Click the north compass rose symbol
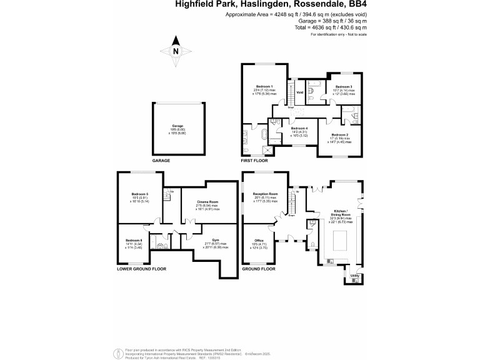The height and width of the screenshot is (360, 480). tap(176, 52)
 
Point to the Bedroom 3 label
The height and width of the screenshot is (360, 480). tap(343, 87)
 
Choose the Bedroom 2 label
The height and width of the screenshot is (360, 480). tap(339, 135)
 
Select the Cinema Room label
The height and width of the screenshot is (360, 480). tap(207, 202)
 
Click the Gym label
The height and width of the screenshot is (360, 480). tap(216, 240)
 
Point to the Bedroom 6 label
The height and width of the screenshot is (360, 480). tap(134, 241)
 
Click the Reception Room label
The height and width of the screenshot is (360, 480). tap(265, 194)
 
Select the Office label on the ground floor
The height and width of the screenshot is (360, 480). tap(259, 241)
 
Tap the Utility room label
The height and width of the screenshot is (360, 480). tap(354, 275)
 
